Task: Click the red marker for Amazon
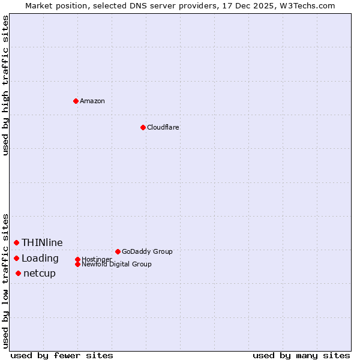(x=76, y=101)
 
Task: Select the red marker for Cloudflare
(x=143, y=127)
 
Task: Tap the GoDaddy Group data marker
(x=118, y=251)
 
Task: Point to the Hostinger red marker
(x=77, y=259)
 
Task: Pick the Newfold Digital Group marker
(x=77, y=264)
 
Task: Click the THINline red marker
(x=16, y=242)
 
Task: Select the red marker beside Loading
(x=16, y=258)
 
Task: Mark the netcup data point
(x=18, y=273)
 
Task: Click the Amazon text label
(x=92, y=101)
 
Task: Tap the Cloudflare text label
(x=163, y=127)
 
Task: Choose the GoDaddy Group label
(x=147, y=251)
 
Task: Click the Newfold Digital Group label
(x=117, y=265)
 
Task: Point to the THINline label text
(x=42, y=242)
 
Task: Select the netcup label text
(x=40, y=274)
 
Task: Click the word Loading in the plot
(x=40, y=259)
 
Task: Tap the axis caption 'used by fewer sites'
(x=62, y=355)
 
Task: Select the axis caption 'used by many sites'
(x=301, y=355)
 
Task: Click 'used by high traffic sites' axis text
(x=5, y=86)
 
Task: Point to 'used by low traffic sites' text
(x=5, y=281)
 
